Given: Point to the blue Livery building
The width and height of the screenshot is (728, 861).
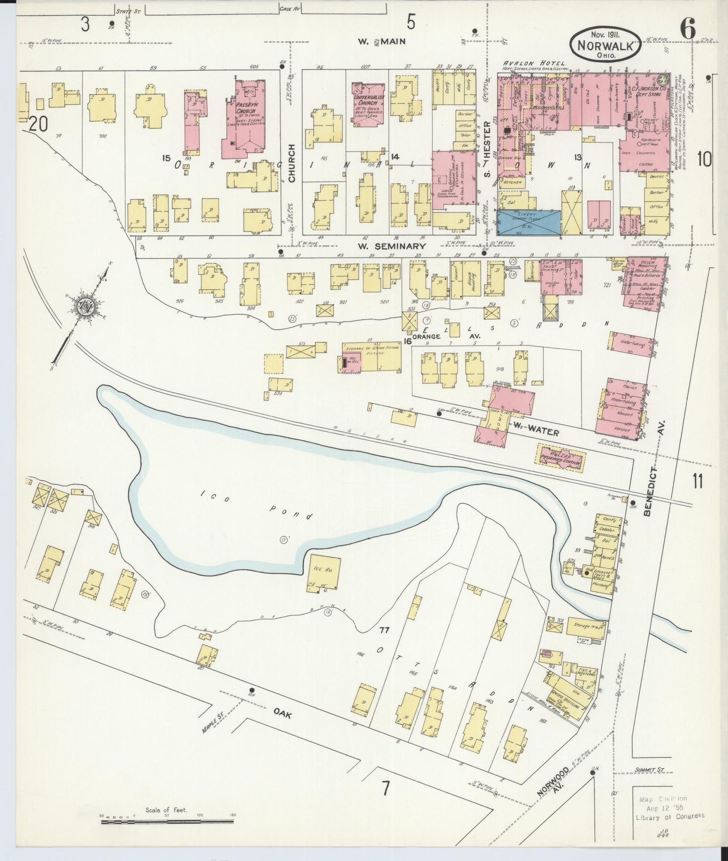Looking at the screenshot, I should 529,223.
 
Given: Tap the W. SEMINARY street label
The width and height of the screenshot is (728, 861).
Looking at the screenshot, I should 392,246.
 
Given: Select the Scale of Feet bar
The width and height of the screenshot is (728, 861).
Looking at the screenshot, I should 166,822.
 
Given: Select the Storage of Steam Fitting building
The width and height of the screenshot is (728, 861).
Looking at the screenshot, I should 372,357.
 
